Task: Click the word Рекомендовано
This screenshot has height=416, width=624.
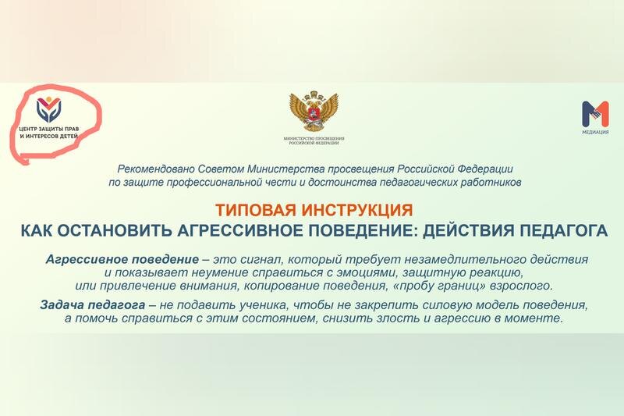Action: pyautogui.click(x=156, y=169)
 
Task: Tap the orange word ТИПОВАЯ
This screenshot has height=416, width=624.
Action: pyautogui.click(x=259, y=210)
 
